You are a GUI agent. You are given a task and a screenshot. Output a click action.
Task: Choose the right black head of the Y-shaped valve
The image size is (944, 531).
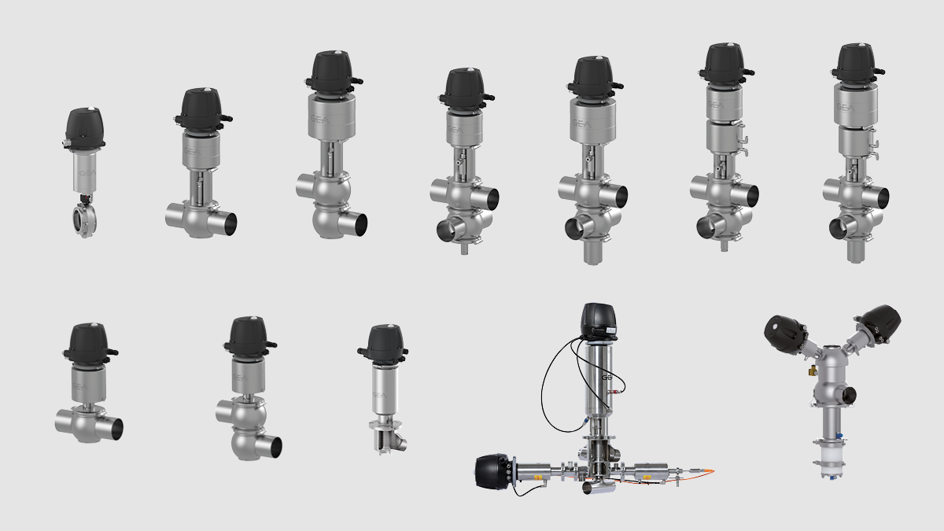[877, 323]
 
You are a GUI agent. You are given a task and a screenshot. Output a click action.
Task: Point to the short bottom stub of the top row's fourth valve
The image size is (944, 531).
[464, 249]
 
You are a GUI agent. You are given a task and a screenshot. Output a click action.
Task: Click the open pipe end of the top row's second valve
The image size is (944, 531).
[229, 223]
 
